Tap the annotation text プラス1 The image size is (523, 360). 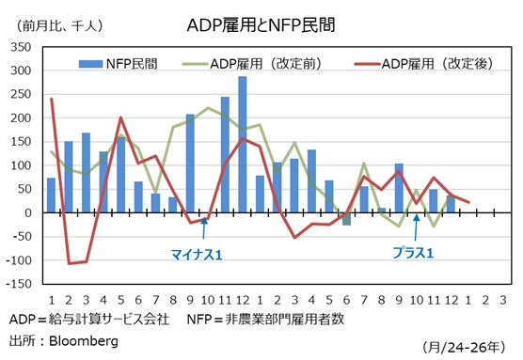413,253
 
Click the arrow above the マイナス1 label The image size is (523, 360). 203,229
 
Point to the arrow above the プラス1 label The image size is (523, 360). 415,231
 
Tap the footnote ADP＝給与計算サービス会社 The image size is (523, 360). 88,319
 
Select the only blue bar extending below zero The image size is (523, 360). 345,219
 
